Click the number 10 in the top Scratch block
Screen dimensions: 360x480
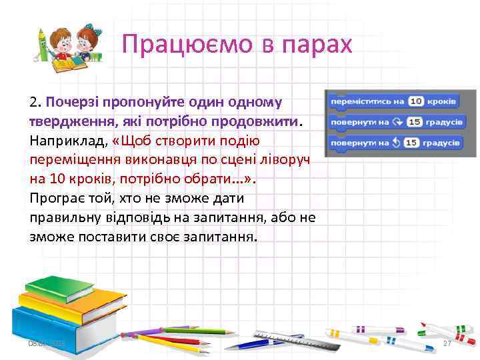pos(417,101)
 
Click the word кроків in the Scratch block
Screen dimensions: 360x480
pos(441,101)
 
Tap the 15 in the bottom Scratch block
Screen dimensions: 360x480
pos(412,143)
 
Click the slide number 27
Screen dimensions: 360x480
pos(447,343)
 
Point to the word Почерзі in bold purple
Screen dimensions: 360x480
pos(71,103)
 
